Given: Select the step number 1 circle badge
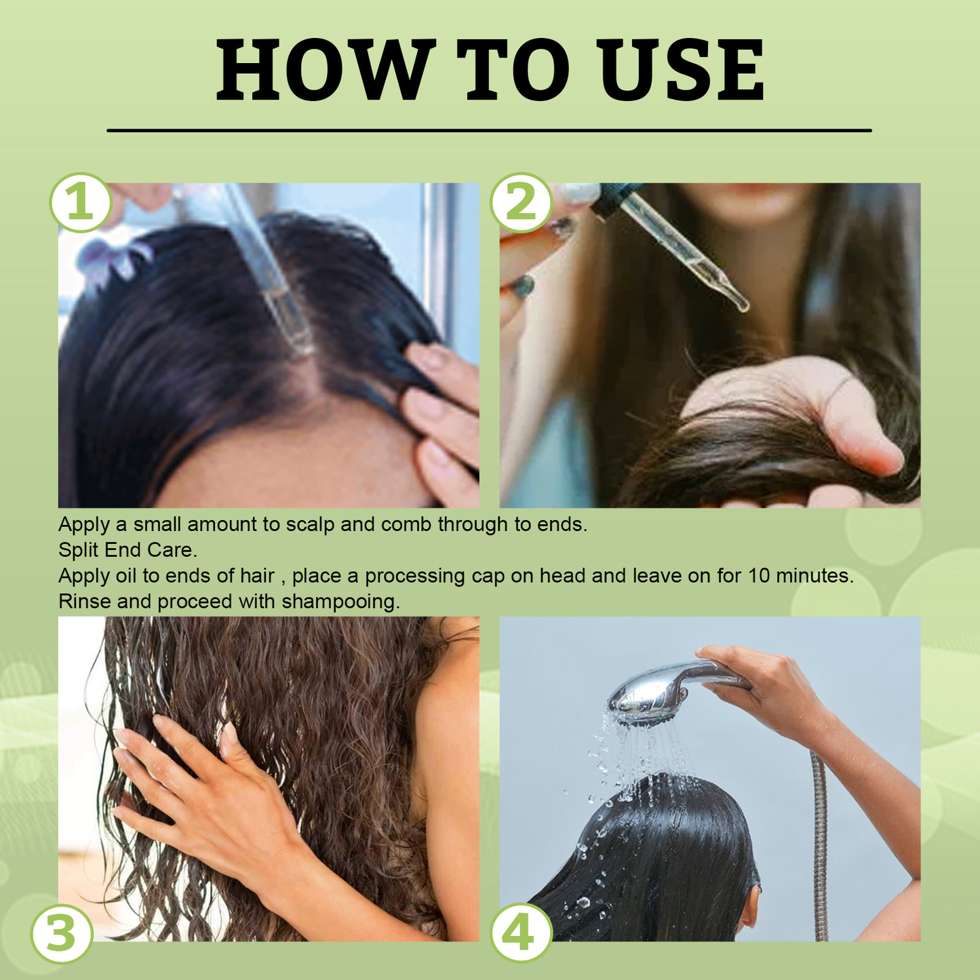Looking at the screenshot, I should pyautogui.click(x=81, y=203).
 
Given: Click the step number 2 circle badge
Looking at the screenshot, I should pyautogui.click(x=521, y=203).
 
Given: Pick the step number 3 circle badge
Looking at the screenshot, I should pyautogui.click(x=62, y=933).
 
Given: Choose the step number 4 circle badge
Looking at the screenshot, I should pyautogui.click(x=521, y=933).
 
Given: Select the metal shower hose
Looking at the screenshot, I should pyautogui.click(x=821, y=848).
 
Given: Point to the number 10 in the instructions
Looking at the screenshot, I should pyautogui.click(x=759, y=576).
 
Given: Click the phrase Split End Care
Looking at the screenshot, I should pyautogui.click(x=128, y=550).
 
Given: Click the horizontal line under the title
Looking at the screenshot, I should pyautogui.click(x=489, y=130).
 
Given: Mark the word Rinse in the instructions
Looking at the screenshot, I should pyautogui.click(x=84, y=602).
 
